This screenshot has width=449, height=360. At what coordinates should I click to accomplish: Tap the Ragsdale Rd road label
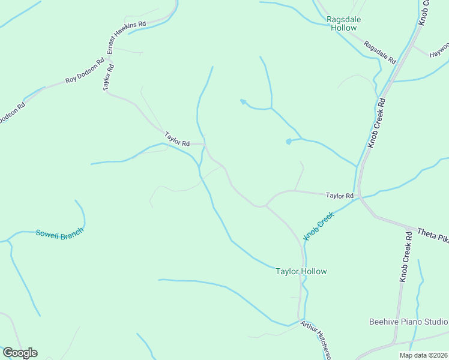(380, 53)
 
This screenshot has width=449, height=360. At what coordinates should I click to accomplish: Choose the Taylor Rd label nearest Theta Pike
(340, 196)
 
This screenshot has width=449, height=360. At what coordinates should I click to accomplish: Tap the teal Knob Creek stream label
(318, 225)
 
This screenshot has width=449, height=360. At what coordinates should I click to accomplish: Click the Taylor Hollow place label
(301, 271)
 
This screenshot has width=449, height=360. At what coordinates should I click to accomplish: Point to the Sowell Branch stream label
(59, 233)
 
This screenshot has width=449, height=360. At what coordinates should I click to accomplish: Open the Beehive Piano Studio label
(408, 322)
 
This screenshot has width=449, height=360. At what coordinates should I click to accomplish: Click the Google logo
(20, 353)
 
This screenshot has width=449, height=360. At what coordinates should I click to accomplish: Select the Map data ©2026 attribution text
(423, 355)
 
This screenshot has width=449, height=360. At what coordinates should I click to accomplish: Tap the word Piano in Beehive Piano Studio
(412, 322)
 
